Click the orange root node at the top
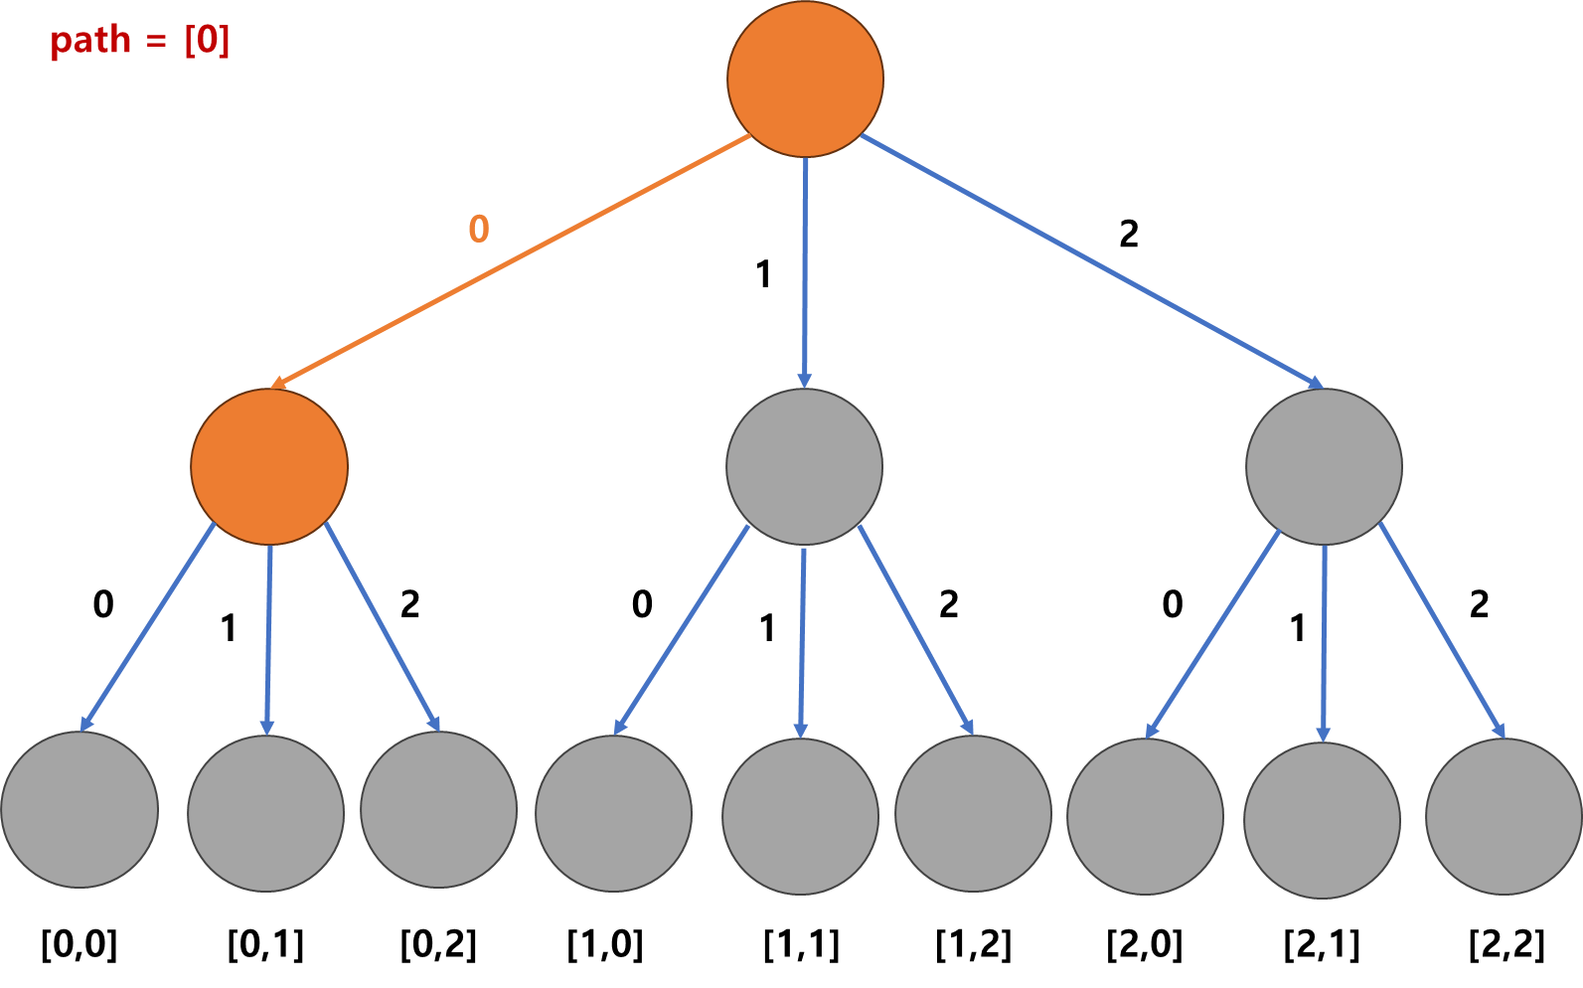click(x=805, y=79)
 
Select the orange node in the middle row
click(x=269, y=466)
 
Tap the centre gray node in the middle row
click(x=804, y=466)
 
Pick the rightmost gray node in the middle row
click(x=1324, y=466)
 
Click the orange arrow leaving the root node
click(x=512, y=260)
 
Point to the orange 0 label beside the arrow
click(x=479, y=230)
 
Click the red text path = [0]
click(x=140, y=41)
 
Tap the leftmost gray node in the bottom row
click(x=79, y=809)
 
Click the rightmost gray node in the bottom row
click(x=1504, y=816)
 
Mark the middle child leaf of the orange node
click(x=265, y=813)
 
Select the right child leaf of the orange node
click(x=438, y=809)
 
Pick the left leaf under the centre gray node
click(x=613, y=813)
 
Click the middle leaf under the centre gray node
click(x=800, y=816)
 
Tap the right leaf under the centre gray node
click(x=973, y=813)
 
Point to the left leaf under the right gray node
click(x=1145, y=816)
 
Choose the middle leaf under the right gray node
click(x=1322, y=820)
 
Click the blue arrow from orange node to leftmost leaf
click(x=148, y=626)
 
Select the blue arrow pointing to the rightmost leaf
click(x=1442, y=630)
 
